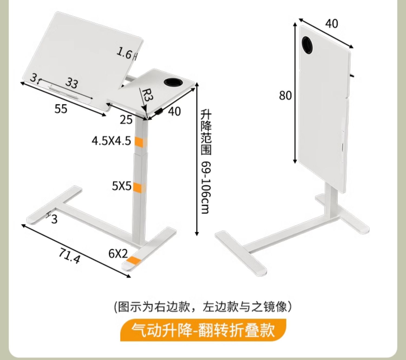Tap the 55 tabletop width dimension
[61, 109]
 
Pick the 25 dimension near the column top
[126, 120]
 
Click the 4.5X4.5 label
[112, 141]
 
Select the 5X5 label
[122, 186]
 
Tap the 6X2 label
[118, 253]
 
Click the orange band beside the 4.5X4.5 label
[141, 142]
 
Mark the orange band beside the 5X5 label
[140, 187]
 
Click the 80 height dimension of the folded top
[286, 95]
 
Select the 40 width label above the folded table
[332, 24]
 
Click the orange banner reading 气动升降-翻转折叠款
[203, 330]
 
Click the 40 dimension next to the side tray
[174, 111]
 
